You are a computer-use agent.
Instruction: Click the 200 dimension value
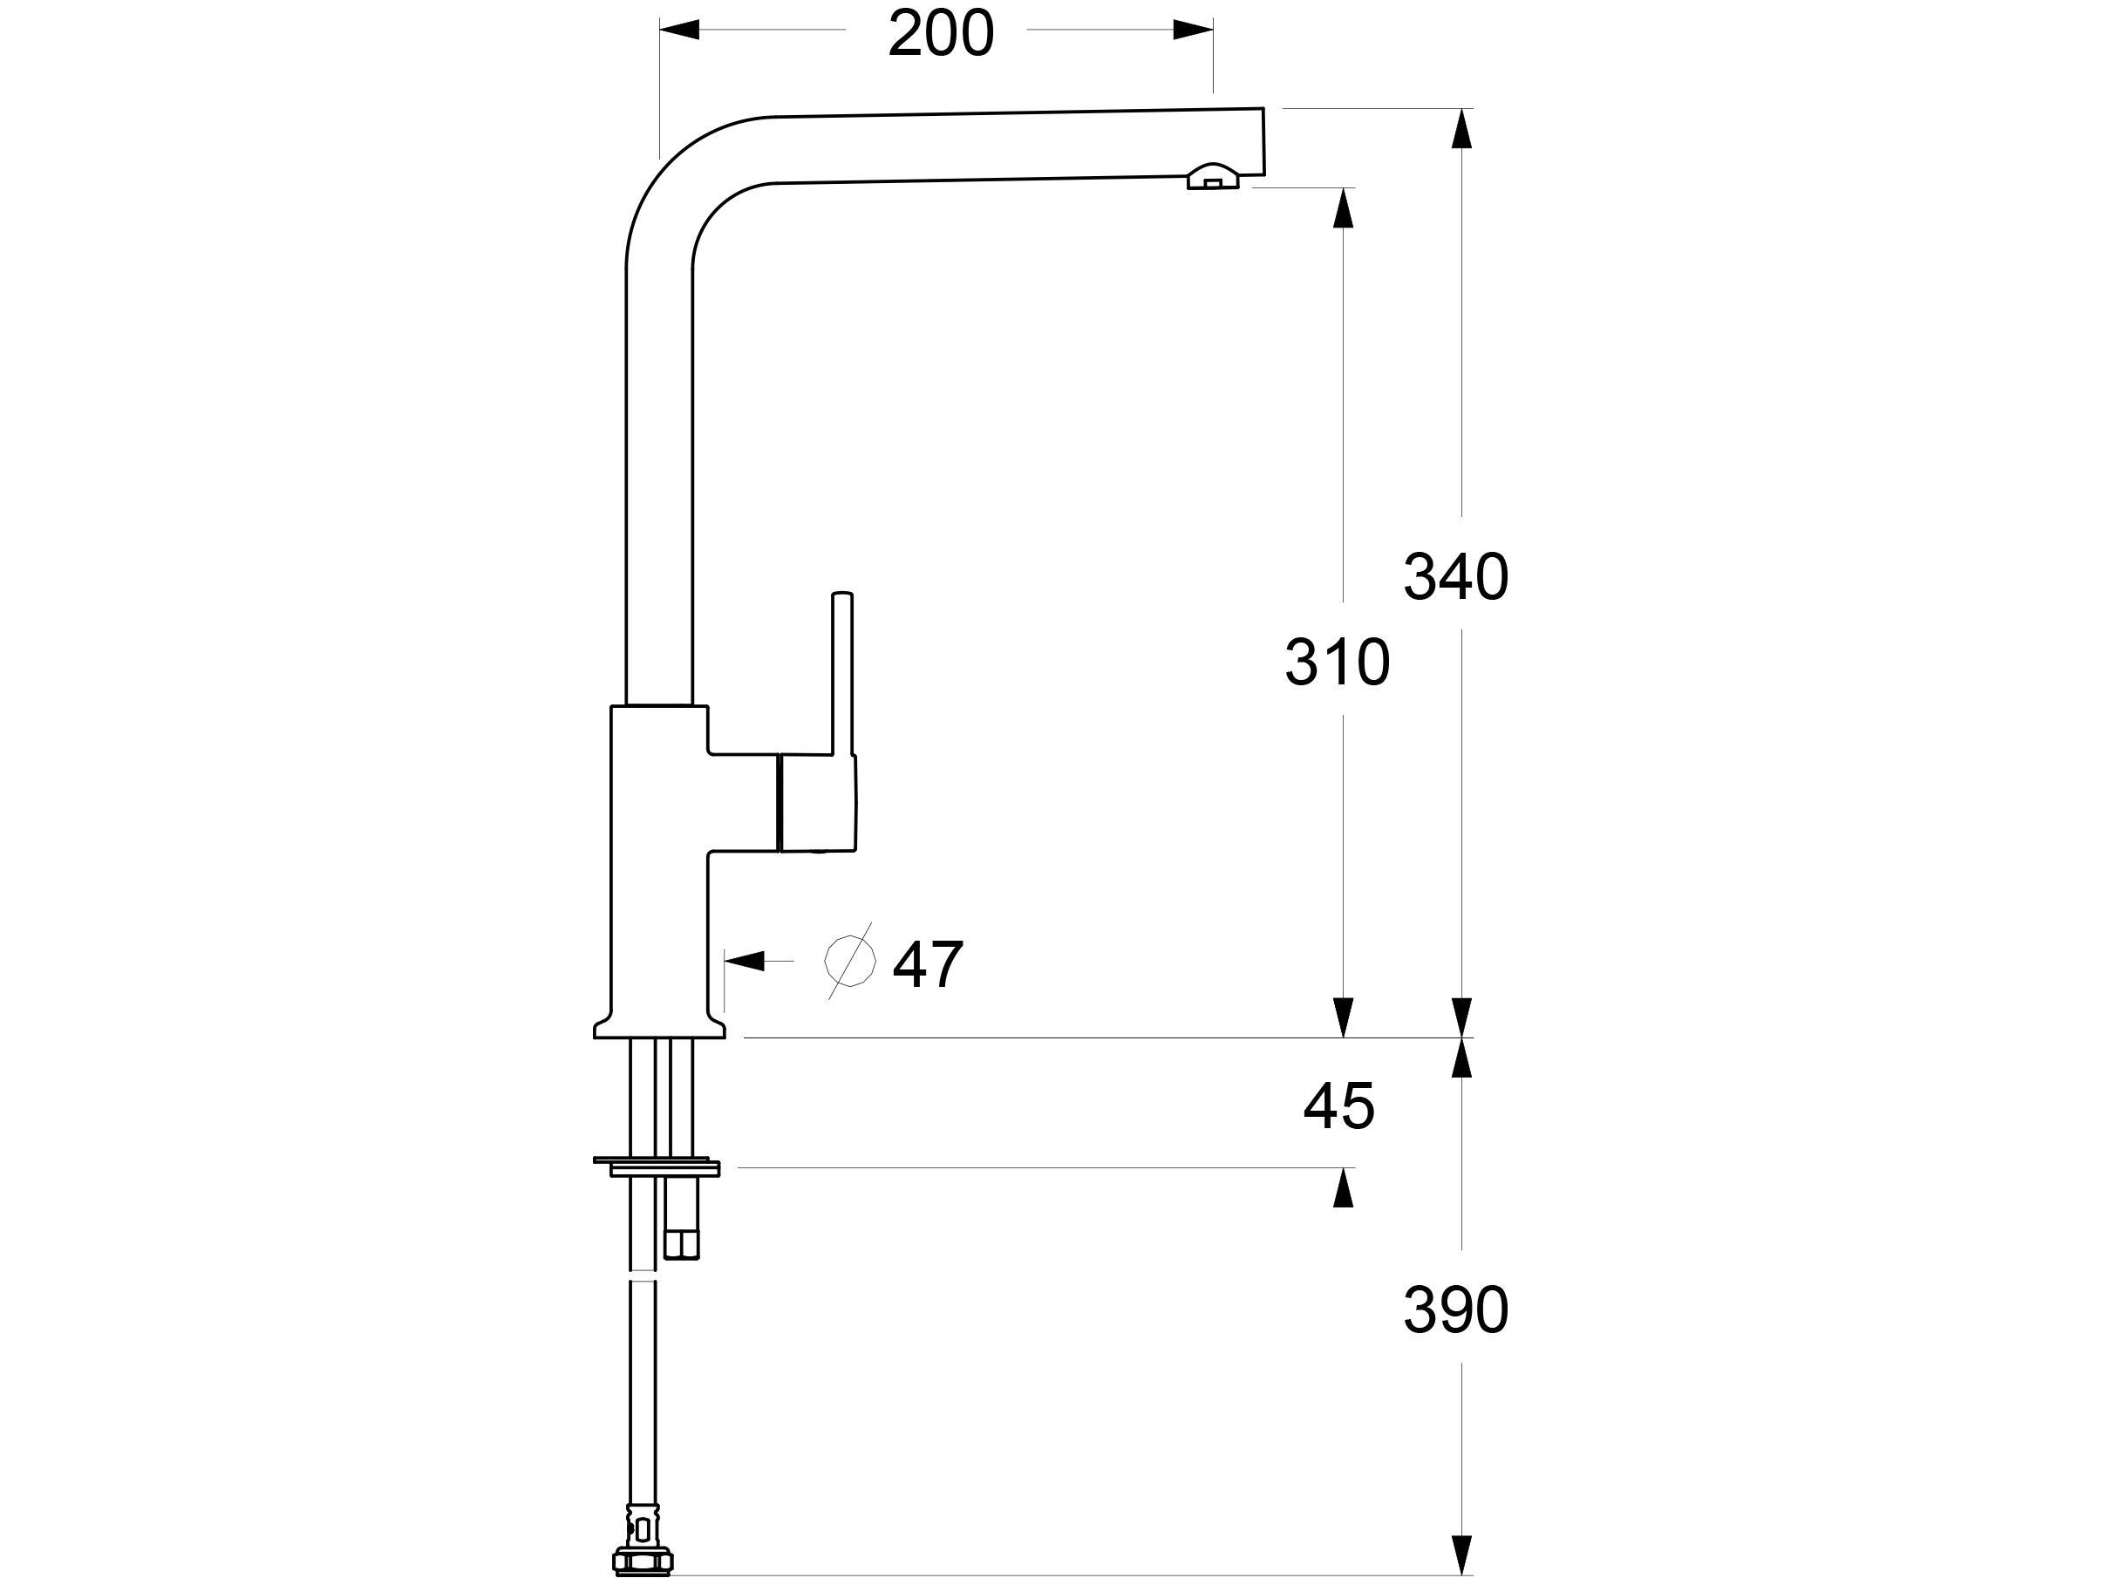[x=941, y=34]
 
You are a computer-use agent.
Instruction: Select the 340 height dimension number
[x=1455, y=577]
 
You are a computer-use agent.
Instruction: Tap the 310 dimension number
[x=1337, y=663]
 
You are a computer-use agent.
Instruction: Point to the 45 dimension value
[x=1338, y=1106]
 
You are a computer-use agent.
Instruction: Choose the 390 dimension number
[x=1455, y=1309]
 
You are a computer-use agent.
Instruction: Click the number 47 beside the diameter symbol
[x=928, y=964]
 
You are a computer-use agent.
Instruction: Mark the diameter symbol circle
[x=849, y=961]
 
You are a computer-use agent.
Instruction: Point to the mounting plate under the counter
[x=657, y=1165]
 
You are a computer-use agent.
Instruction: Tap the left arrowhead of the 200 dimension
[x=679, y=30]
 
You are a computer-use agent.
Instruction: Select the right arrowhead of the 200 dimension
[x=1193, y=30]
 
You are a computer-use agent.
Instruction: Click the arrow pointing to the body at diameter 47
[x=745, y=961]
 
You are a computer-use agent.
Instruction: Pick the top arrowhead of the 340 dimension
[x=1462, y=129]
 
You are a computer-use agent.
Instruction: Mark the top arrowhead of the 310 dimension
[x=1343, y=208]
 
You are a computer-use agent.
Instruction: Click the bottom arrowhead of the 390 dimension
[x=1462, y=1554]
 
